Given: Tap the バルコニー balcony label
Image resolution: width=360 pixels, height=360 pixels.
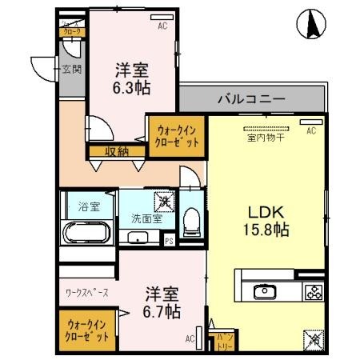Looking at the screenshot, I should [250, 101].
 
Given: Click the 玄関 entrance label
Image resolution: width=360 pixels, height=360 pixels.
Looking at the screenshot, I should [71, 70].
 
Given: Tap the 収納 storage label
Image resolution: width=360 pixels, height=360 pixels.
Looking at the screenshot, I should [115, 150].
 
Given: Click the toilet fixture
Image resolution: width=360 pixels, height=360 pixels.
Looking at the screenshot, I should [191, 220].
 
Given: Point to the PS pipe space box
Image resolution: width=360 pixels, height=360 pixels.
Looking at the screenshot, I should [169, 238].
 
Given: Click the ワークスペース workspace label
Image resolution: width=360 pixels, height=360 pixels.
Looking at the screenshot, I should [86, 293].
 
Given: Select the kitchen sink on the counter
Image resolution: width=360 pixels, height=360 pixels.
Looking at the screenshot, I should [264, 291].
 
